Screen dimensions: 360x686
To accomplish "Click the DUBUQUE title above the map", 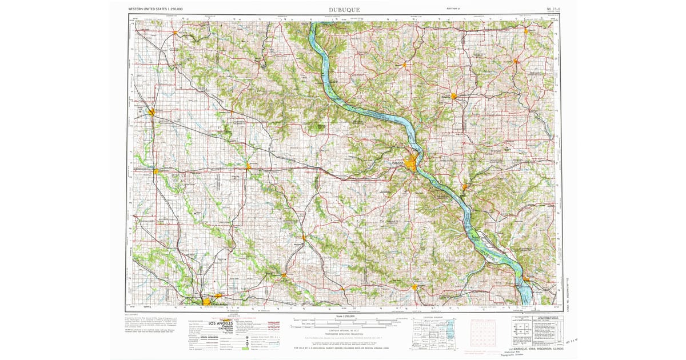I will tap(344, 10).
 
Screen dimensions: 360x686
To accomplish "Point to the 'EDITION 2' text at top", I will tap(456, 9).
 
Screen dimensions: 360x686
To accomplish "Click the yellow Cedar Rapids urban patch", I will tap(207, 301).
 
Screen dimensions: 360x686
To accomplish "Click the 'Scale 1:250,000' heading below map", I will tap(343, 316).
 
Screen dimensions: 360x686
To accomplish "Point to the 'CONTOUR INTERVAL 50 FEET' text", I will tap(343, 331).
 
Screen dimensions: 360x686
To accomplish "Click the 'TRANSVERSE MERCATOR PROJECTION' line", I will tap(343, 334).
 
